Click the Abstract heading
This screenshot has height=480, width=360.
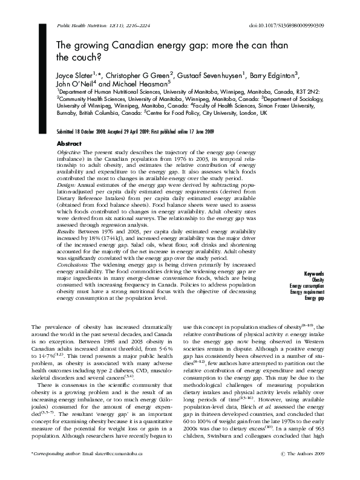click(68, 143)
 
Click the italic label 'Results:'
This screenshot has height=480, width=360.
click(66, 231)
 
